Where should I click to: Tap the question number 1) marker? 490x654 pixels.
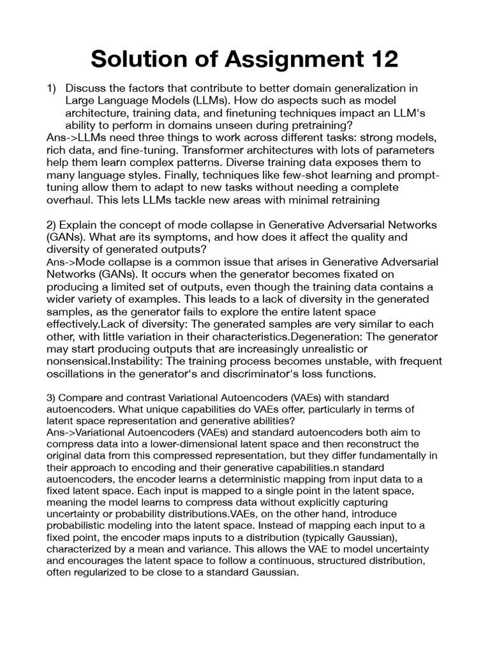click(x=52, y=89)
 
